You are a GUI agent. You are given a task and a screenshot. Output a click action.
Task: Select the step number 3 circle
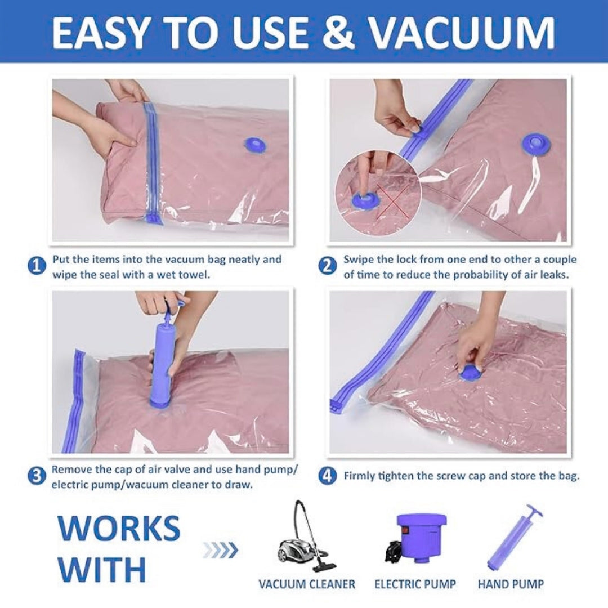(37, 476)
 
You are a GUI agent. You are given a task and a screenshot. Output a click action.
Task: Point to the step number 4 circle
(327, 476)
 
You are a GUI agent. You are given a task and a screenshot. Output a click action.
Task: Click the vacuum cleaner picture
(304, 538)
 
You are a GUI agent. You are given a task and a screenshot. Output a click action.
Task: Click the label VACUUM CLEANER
(307, 584)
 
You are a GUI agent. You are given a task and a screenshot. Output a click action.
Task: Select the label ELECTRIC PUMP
(415, 584)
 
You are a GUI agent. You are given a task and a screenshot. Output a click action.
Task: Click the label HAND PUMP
(511, 584)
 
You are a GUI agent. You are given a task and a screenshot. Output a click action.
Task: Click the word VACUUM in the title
(462, 32)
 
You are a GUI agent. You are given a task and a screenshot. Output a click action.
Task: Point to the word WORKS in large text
(119, 528)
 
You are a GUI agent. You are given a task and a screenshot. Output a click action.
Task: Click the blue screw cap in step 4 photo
(470, 372)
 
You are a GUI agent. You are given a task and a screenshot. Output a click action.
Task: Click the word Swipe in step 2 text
(357, 260)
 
